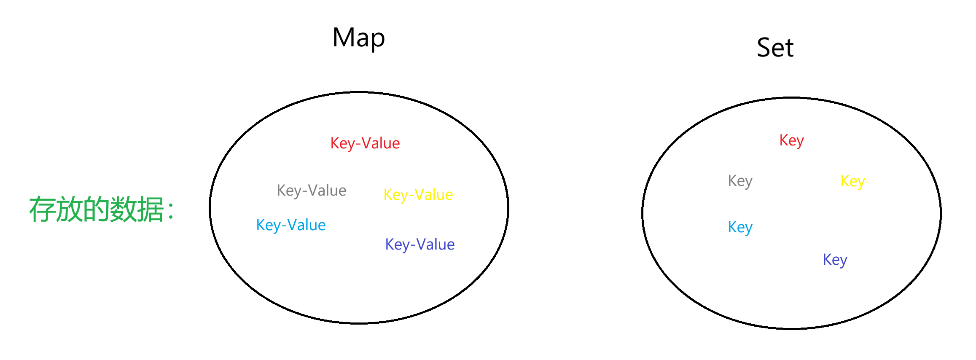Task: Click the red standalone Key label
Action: [791, 140]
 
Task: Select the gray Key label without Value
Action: [740, 181]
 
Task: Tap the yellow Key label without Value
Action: [853, 181]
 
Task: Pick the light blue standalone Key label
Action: [740, 227]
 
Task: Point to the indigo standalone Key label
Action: [835, 260]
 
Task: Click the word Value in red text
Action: [381, 143]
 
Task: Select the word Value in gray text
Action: [327, 191]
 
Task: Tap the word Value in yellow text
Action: [434, 195]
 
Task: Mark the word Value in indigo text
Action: [436, 244]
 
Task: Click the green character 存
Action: [42, 210]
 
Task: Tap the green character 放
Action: [69, 210]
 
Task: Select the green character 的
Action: [96, 210]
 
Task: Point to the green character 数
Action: [123, 210]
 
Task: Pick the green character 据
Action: [150, 210]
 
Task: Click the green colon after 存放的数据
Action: [171, 211]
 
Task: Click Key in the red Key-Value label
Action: [342, 143]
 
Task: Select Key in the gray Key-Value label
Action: [289, 191]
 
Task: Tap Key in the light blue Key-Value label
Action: [268, 225]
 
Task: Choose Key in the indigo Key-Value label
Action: [397, 244]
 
